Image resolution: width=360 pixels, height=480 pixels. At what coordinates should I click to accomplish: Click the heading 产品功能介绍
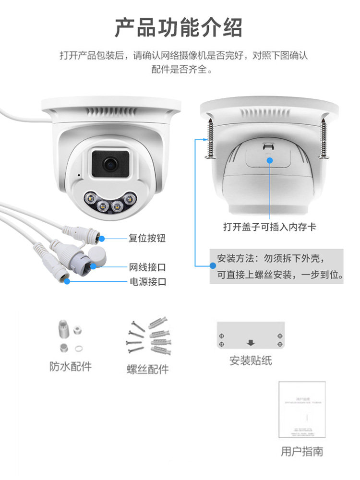(179, 27)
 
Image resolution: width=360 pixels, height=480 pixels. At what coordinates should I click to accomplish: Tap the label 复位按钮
(147, 238)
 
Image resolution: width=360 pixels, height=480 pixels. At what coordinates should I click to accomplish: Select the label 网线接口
(147, 267)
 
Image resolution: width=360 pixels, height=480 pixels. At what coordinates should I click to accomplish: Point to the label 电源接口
(147, 282)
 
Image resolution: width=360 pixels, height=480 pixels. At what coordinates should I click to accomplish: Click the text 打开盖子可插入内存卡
(270, 227)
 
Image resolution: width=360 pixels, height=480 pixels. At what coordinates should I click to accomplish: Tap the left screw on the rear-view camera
(210, 137)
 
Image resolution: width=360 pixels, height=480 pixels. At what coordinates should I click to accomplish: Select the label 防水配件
(71, 367)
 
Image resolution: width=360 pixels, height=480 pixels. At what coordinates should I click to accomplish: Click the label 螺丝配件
(148, 369)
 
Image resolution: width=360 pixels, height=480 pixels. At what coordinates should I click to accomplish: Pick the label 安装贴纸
(251, 360)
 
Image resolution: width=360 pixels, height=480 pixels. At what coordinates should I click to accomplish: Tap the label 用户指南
(301, 451)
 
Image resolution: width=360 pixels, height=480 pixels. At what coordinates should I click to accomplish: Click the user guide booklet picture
(302, 409)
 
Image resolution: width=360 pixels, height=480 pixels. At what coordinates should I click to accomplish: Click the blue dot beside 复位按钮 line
(101, 238)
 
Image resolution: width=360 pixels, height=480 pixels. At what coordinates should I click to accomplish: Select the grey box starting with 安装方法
(276, 267)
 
